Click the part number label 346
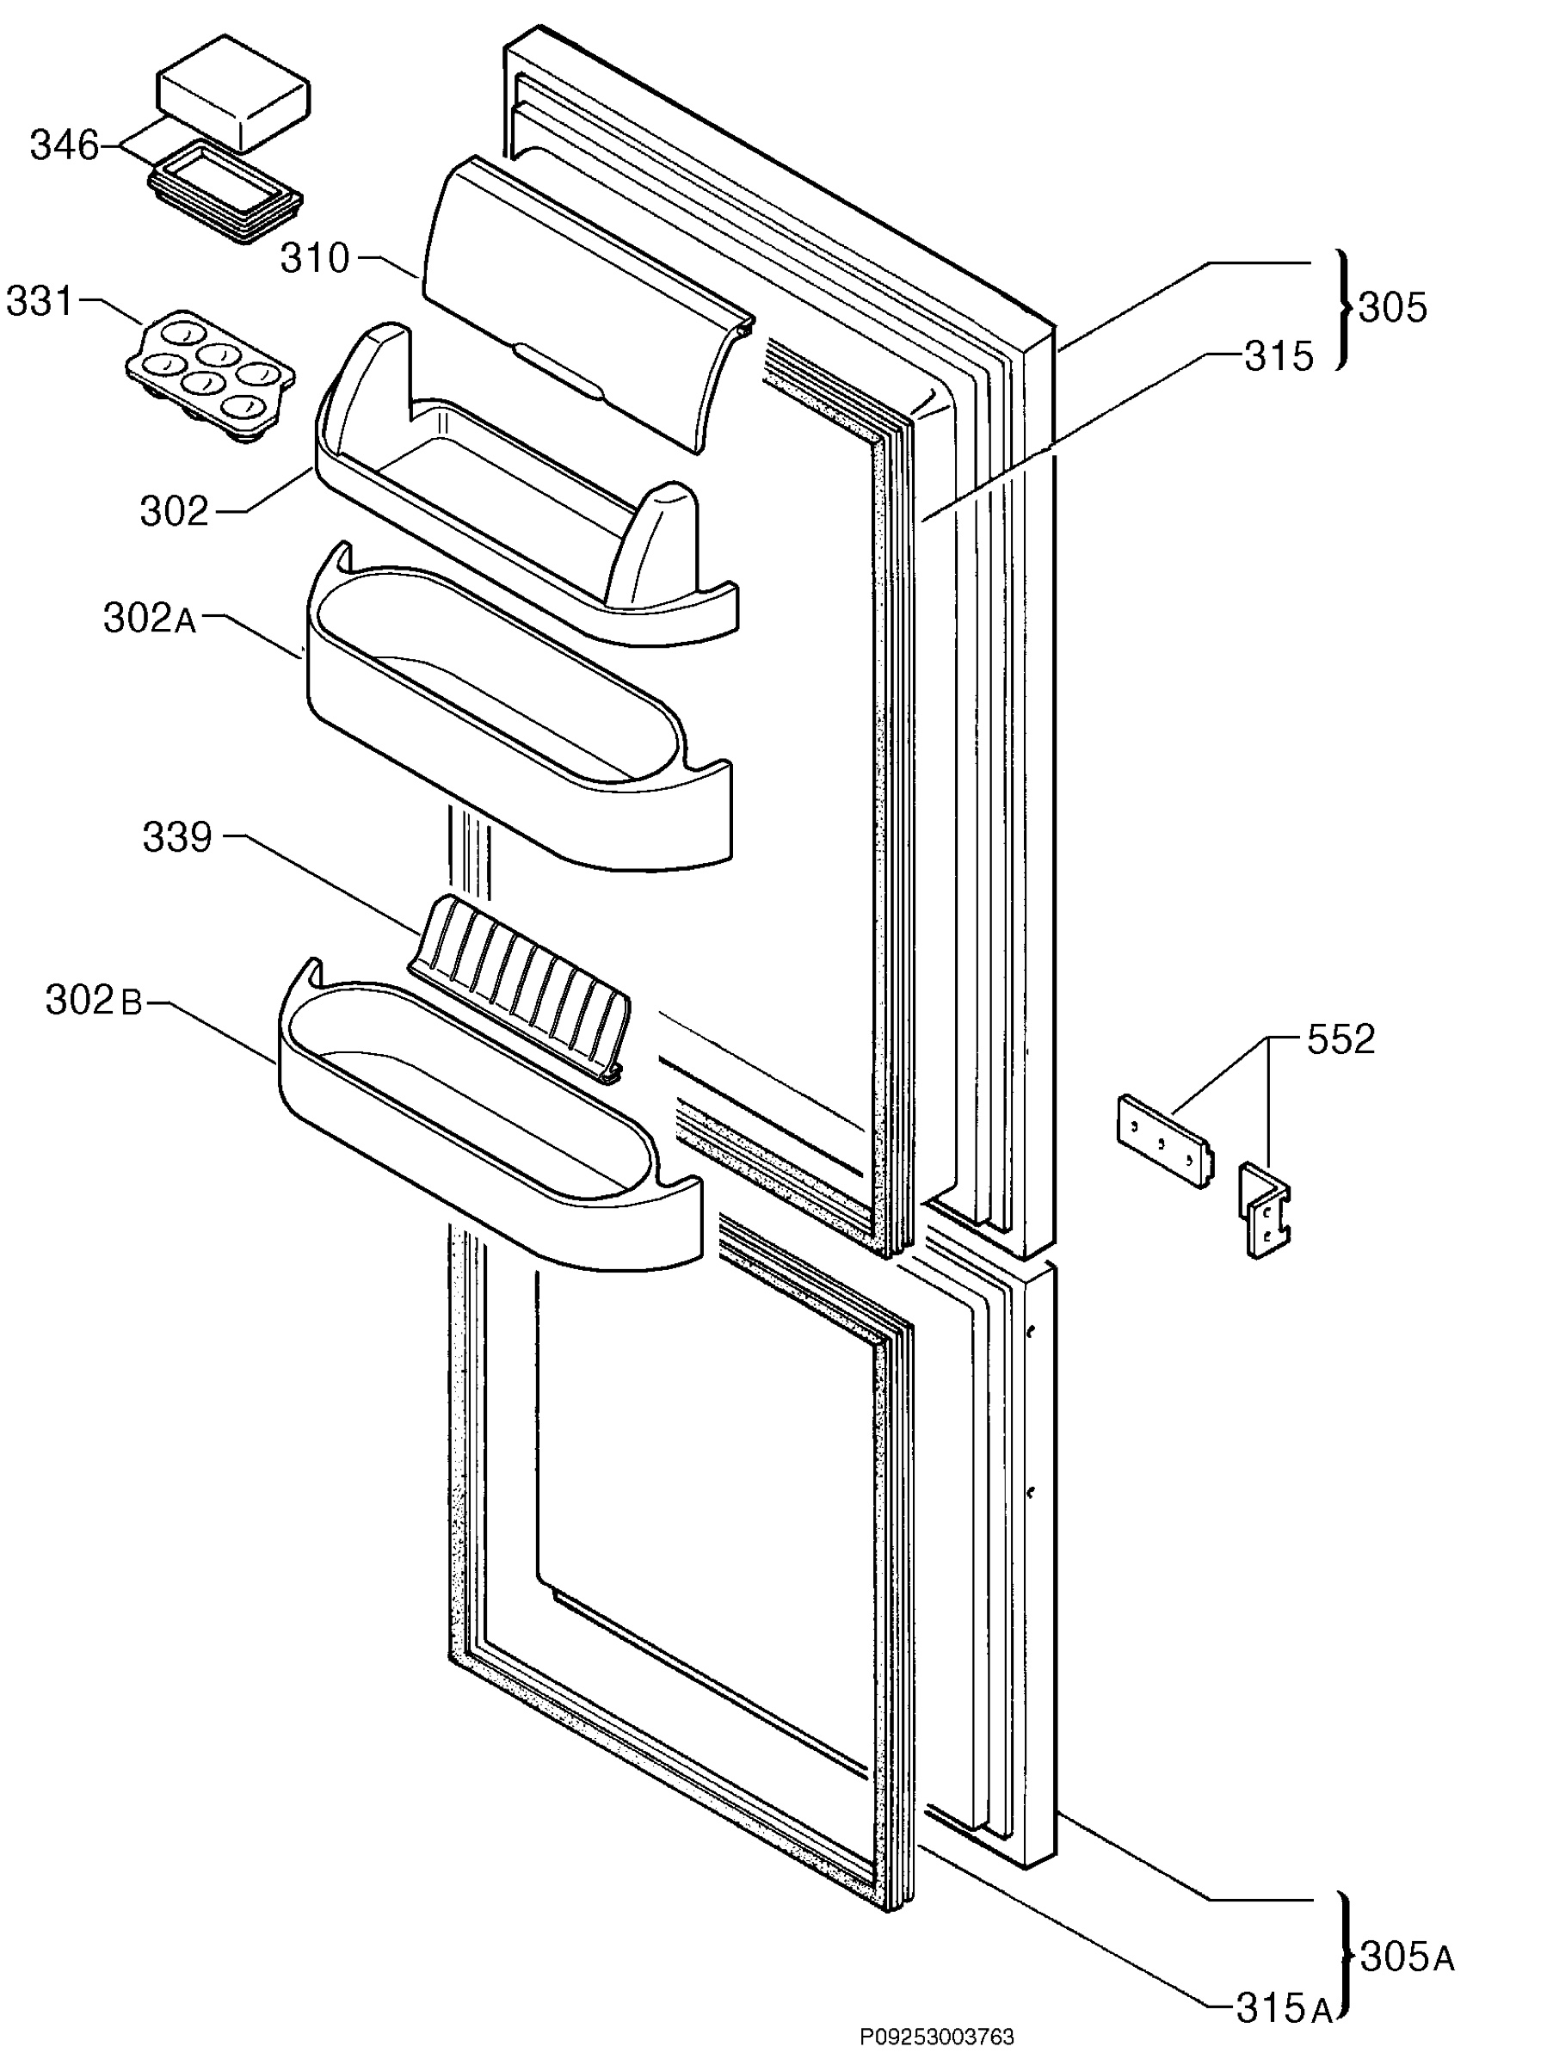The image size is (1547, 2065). (64, 145)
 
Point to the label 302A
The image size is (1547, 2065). (151, 618)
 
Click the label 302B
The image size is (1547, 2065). (94, 1000)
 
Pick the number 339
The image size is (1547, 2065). (177, 837)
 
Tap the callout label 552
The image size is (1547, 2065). (1341, 1039)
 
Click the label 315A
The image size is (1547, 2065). (1284, 2008)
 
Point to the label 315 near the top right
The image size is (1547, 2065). (1279, 355)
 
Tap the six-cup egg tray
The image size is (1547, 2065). (211, 373)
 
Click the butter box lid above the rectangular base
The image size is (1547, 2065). (233, 93)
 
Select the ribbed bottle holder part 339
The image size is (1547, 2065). (519, 990)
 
